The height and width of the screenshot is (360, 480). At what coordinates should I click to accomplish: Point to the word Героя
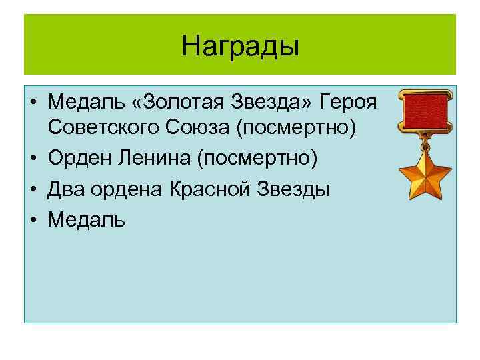pyautogui.click(x=349, y=104)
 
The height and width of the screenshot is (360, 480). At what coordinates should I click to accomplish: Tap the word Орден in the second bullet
pyautogui.click(x=76, y=159)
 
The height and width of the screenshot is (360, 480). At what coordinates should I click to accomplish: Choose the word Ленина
pyautogui.click(x=151, y=159)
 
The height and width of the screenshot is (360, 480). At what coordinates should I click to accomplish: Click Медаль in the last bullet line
pyautogui.click(x=86, y=219)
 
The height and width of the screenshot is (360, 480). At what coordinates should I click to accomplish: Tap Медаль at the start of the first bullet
pyautogui.click(x=86, y=104)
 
